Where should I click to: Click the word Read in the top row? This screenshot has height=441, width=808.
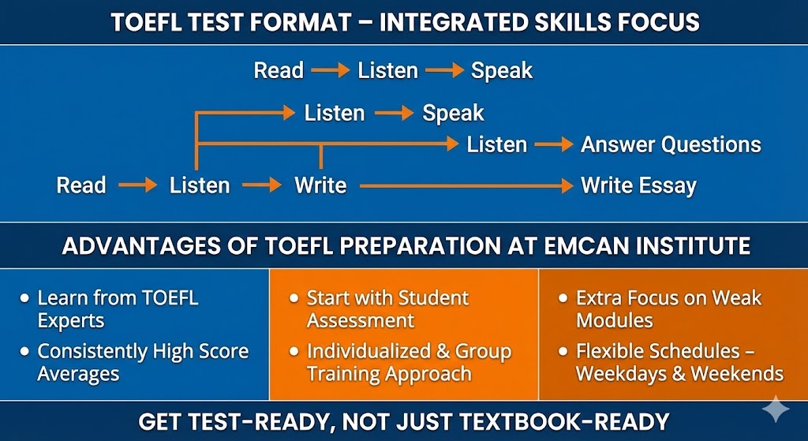[x=279, y=70]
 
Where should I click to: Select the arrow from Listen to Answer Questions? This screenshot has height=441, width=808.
[x=554, y=145]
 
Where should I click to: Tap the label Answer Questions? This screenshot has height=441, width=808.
[x=671, y=145]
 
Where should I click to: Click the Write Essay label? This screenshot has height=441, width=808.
[x=639, y=185]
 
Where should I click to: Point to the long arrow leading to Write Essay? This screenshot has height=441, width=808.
[x=466, y=185]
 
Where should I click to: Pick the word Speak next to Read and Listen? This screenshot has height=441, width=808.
[x=502, y=71]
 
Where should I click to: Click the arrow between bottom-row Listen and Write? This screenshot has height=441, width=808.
[x=262, y=185]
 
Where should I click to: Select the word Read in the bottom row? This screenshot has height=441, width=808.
[x=81, y=185]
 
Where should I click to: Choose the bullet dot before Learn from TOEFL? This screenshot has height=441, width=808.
[x=24, y=298]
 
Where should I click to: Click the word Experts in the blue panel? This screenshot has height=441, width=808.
[x=71, y=320]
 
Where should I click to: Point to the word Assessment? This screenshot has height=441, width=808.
[x=361, y=320]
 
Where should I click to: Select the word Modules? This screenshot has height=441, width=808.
[x=615, y=320]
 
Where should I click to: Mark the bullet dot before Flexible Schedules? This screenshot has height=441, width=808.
[x=563, y=352]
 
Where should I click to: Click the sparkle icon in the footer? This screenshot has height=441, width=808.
[x=776, y=409]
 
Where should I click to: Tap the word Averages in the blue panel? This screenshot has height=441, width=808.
[x=78, y=373]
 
